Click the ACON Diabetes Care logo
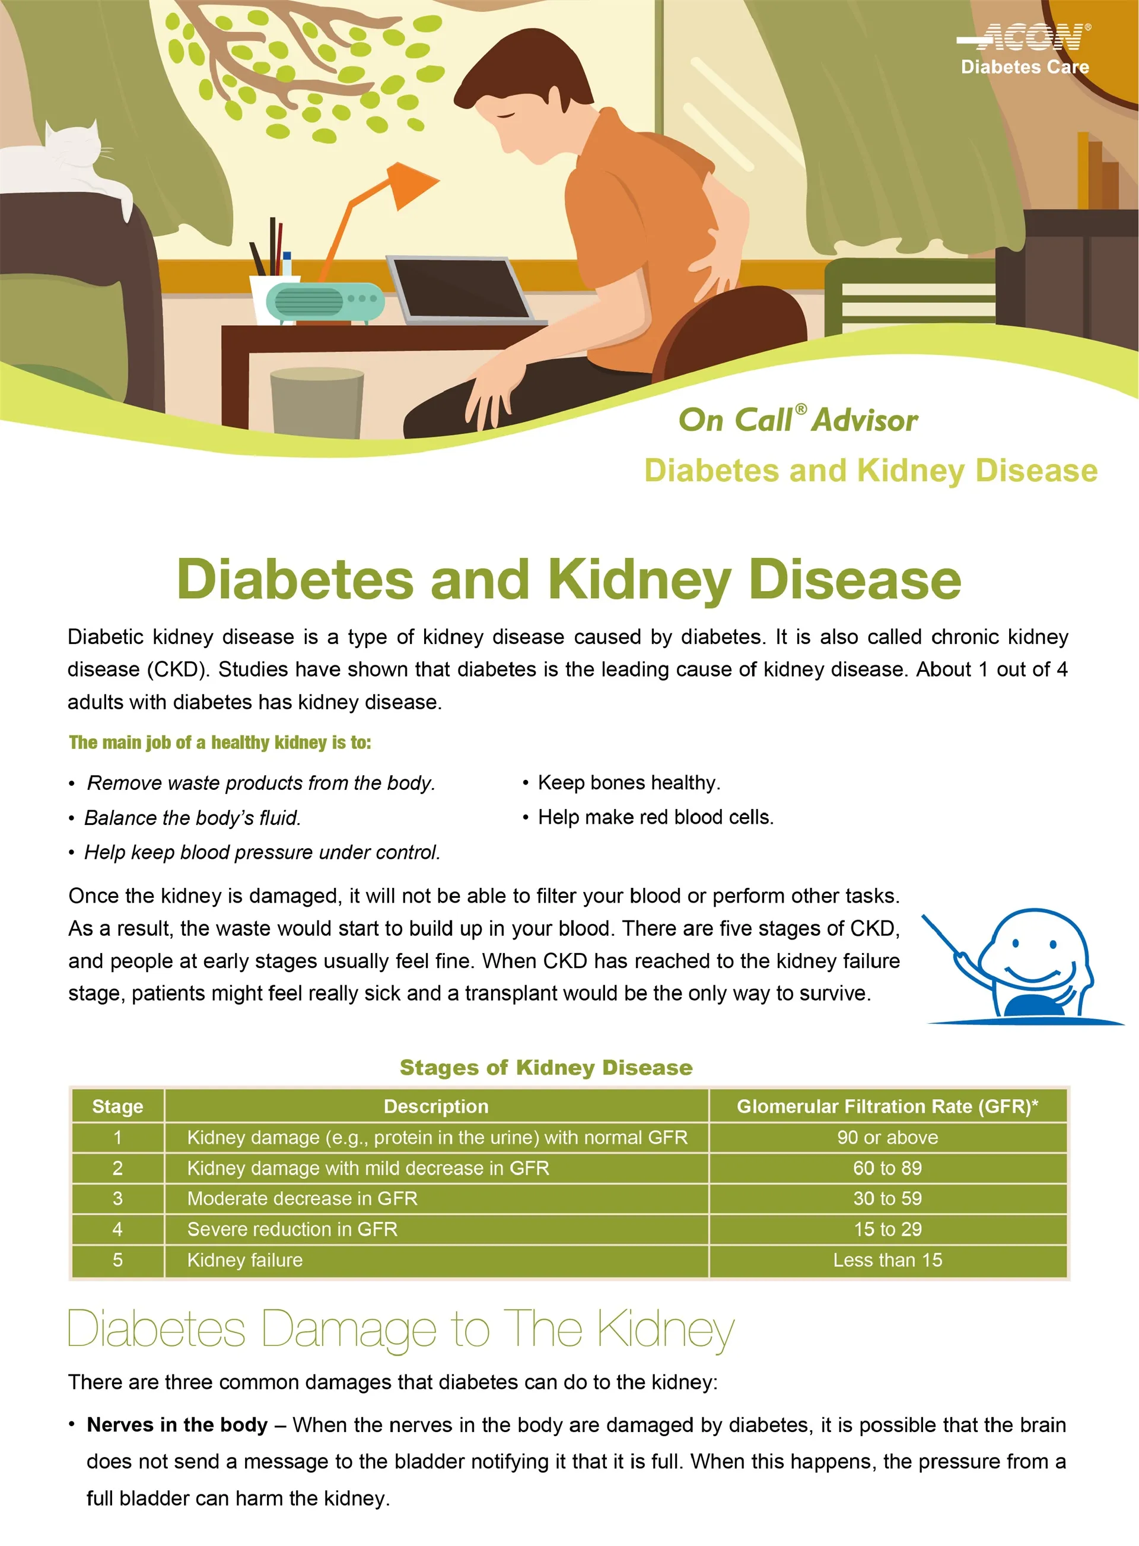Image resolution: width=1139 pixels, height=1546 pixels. (1025, 48)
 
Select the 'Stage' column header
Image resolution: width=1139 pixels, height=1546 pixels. (118, 1106)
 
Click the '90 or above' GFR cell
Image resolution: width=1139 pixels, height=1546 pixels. (887, 1137)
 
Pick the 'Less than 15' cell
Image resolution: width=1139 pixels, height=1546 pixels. (887, 1260)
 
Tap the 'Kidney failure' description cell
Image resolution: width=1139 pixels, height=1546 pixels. (437, 1260)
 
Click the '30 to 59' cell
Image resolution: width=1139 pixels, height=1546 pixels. (887, 1198)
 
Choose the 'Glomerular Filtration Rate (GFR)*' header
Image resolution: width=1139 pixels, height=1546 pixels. (887, 1106)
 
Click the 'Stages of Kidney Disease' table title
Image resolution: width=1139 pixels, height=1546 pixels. (546, 1068)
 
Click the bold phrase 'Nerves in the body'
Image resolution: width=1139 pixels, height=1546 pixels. (177, 1425)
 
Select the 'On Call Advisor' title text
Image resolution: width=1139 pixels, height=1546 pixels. (798, 419)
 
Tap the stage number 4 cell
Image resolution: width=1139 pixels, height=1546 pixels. (118, 1229)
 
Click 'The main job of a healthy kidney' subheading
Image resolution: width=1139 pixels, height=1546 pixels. (220, 742)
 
